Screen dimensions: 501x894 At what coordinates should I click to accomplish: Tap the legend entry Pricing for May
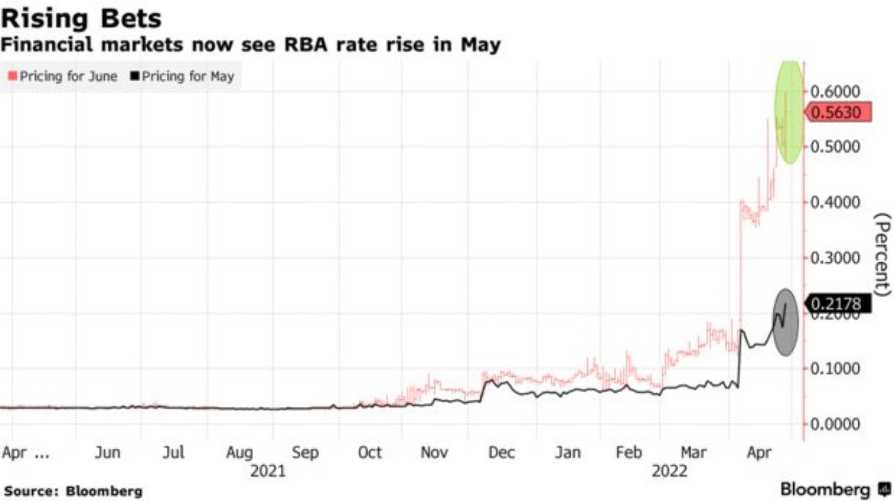click(183, 76)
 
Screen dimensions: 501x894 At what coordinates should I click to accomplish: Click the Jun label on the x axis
click(108, 453)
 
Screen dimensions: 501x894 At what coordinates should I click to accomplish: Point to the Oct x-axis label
click(369, 453)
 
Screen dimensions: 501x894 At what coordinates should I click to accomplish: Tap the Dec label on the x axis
click(502, 453)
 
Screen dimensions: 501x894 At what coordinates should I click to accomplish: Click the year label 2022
click(670, 472)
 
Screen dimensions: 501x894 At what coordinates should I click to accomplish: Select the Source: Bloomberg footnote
click(72, 491)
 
